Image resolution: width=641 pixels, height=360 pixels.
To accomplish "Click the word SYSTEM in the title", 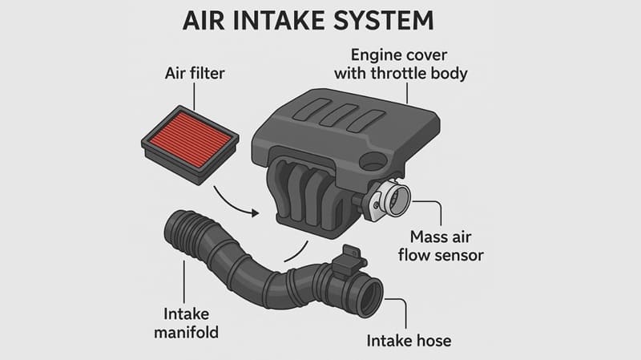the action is tap(384, 21).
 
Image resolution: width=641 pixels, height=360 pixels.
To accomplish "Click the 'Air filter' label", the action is tap(195, 74).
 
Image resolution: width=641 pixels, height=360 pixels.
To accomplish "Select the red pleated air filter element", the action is tap(190, 140).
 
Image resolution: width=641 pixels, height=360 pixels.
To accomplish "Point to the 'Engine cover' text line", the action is tap(398, 55).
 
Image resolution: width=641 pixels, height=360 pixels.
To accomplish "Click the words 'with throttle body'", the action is tap(401, 74).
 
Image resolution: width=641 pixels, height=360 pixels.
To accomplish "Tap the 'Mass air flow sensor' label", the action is tap(441, 246).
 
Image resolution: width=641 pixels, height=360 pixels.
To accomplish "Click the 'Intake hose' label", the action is tap(409, 341).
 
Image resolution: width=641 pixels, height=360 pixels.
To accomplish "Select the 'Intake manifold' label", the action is tap(187, 323).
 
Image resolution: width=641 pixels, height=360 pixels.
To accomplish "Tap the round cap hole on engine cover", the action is tap(373, 161).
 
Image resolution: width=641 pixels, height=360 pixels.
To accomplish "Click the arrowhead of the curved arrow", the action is tap(255, 213).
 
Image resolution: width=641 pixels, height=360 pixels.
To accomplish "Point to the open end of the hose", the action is tap(372, 297).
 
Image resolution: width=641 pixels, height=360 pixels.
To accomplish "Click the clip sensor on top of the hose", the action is tap(349, 261).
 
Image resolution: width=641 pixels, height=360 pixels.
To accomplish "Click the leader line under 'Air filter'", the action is tap(194, 97).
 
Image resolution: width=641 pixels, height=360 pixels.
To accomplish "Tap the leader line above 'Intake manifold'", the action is tap(184, 281).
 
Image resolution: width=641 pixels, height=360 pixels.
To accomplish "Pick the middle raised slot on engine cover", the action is tap(339, 114).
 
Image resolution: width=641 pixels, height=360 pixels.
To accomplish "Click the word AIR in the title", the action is tap(204, 21).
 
